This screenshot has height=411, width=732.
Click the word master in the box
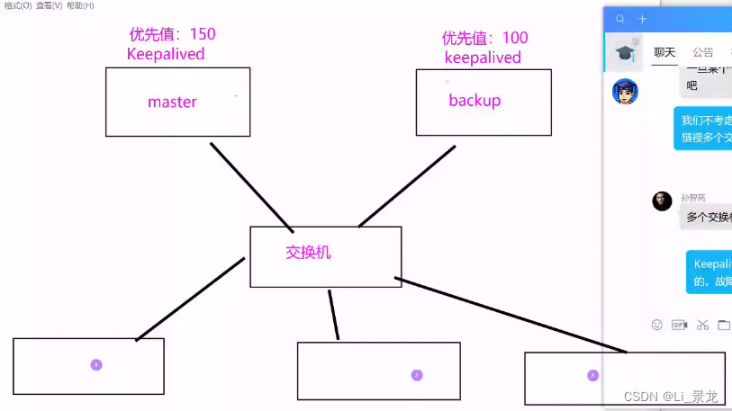[172, 102]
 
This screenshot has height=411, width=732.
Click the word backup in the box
[474, 100]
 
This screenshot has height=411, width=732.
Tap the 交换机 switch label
[308, 252]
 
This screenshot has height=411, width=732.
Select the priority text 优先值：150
[173, 34]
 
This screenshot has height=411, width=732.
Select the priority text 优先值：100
[484, 38]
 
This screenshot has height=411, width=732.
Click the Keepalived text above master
[166, 54]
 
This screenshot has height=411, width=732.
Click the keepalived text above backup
[483, 58]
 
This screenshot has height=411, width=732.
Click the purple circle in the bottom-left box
[96, 364]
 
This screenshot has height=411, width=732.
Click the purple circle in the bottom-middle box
[417, 375]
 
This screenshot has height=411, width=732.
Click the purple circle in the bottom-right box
[592, 375]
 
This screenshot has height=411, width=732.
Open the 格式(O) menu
[17, 5]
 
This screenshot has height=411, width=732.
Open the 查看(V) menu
[50, 5]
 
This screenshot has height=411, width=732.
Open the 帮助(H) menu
[80, 5]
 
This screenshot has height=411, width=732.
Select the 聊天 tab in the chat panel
[664, 52]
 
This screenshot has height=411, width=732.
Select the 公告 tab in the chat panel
[703, 52]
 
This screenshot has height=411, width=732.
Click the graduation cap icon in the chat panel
[625, 53]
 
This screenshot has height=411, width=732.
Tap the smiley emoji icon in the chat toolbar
[657, 325]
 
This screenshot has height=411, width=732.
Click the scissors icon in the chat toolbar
[703, 325]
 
